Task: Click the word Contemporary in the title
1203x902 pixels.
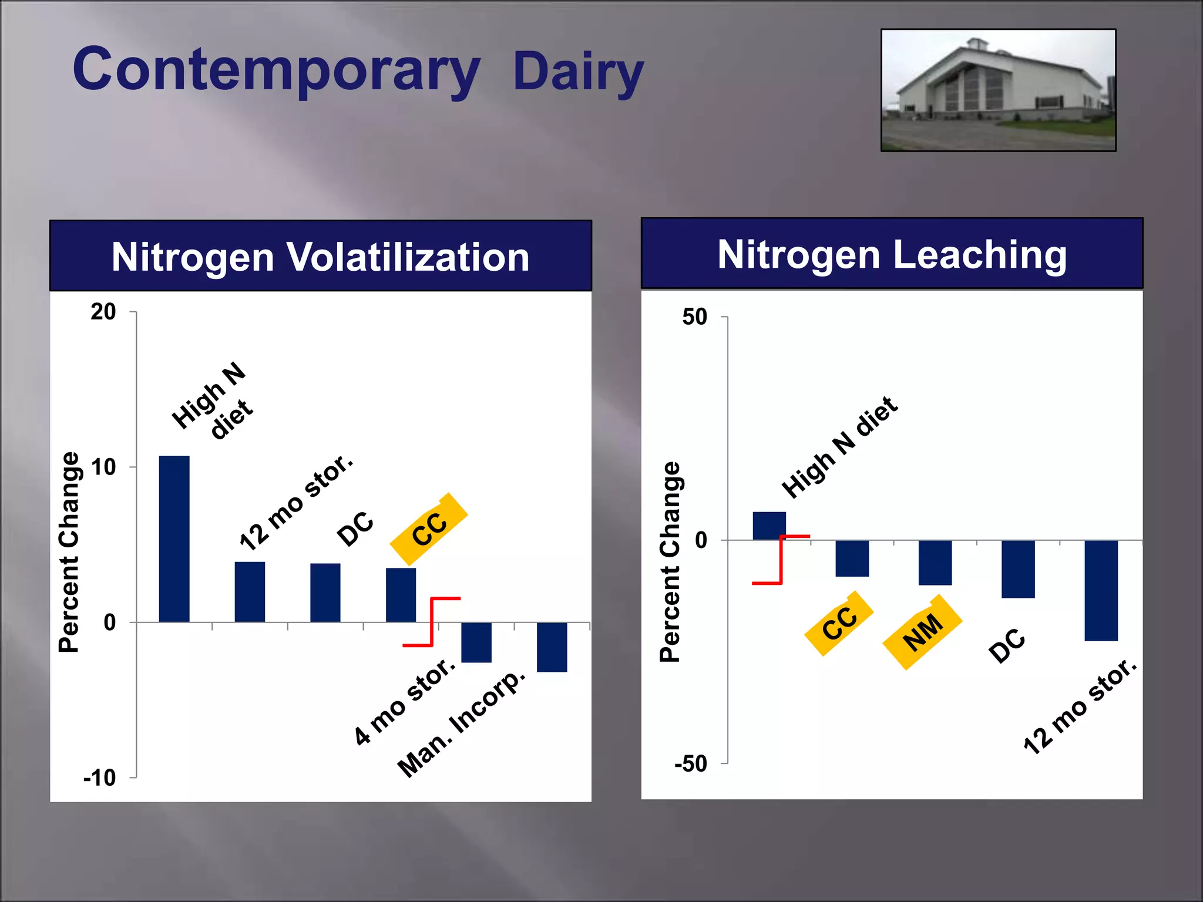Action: (x=276, y=70)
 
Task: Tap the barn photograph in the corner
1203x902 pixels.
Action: (x=998, y=90)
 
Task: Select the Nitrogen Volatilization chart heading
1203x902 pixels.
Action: (x=320, y=257)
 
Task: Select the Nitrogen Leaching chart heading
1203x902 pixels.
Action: (x=892, y=254)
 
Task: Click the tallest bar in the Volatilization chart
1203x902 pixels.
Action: (x=174, y=538)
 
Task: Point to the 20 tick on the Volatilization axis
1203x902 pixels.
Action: (x=103, y=312)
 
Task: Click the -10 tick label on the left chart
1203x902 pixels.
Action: (x=100, y=778)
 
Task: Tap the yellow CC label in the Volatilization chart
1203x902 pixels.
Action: (x=429, y=529)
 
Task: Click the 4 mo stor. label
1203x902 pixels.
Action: (x=405, y=701)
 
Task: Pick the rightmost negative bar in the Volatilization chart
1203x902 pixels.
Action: (x=552, y=647)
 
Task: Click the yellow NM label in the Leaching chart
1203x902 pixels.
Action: (x=923, y=632)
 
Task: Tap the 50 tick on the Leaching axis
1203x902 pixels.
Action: (x=694, y=317)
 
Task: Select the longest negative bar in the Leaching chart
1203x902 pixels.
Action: (x=1101, y=590)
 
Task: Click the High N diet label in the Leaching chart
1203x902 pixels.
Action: (x=840, y=447)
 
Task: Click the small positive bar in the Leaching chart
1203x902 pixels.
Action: (x=769, y=525)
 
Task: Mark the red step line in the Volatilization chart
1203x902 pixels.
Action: (x=432, y=622)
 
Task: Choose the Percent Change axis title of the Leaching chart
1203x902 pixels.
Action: (x=670, y=562)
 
